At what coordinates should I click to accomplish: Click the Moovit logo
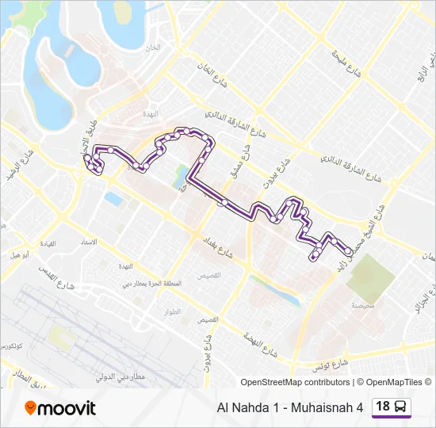point(60,408)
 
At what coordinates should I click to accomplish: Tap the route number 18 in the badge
point(383,407)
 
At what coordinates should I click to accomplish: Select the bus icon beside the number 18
point(401,407)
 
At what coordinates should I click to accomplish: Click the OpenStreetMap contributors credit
point(295,382)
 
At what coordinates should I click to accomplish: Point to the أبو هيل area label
point(21,256)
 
